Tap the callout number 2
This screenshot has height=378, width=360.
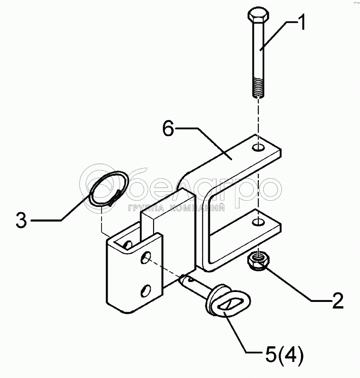click(x=338, y=301)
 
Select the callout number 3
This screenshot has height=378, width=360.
click(x=21, y=220)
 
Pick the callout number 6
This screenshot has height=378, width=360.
click(x=168, y=128)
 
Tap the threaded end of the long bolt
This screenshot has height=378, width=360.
click(x=258, y=87)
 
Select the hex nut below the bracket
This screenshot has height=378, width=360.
click(x=258, y=261)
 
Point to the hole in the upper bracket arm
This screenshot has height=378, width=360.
click(x=258, y=147)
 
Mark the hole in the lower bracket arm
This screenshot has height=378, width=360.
click(x=258, y=222)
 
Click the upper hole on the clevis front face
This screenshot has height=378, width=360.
click(x=146, y=257)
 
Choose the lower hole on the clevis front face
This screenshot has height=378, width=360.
click(x=146, y=290)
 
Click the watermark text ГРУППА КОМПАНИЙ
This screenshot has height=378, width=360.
click(x=177, y=208)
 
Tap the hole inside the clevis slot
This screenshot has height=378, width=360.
click(x=128, y=244)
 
